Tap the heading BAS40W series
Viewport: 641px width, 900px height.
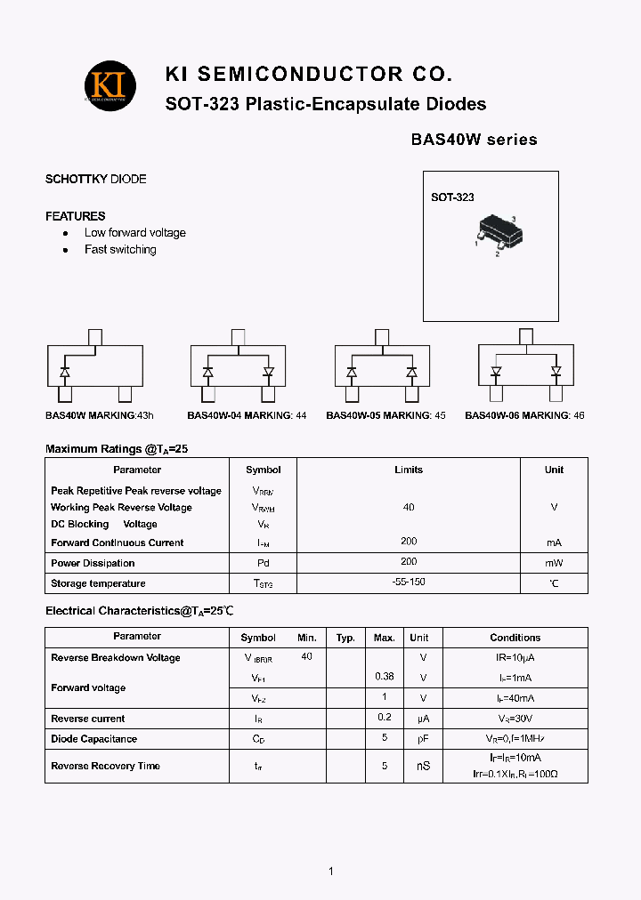474,140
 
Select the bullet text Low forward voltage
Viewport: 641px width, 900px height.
135,233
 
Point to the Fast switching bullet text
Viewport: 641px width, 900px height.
120,250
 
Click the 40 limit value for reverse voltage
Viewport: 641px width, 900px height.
409,507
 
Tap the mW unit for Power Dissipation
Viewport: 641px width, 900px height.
554,563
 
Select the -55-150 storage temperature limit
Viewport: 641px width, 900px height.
409,583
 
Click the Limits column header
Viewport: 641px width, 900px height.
409,470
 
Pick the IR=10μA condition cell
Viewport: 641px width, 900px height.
515,657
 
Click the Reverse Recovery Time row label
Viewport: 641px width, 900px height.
105,766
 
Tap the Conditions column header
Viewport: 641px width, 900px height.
515,638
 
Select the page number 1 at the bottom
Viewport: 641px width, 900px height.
330,872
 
